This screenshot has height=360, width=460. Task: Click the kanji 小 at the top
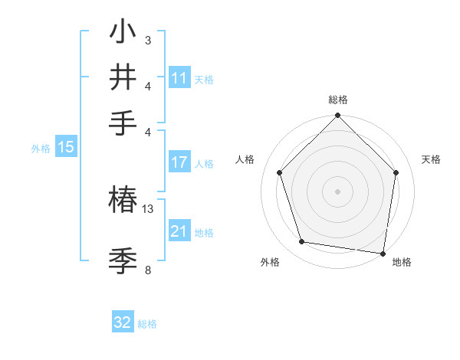(x=123, y=32)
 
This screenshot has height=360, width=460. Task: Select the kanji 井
(x=123, y=77)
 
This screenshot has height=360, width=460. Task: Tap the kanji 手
(x=123, y=123)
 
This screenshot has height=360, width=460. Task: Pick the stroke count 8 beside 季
(x=148, y=270)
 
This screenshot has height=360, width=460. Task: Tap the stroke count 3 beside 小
(x=148, y=40)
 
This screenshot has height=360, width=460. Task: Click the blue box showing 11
(x=179, y=78)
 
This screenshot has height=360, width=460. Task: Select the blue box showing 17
(x=179, y=162)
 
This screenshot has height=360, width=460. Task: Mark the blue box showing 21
(x=179, y=231)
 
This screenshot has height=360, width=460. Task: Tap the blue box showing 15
(x=66, y=148)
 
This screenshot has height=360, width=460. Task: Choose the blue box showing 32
(x=123, y=322)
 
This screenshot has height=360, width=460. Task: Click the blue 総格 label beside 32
(x=147, y=324)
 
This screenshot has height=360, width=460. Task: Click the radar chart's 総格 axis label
(x=337, y=100)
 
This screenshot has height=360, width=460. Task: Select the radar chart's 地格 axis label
(x=402, y=263)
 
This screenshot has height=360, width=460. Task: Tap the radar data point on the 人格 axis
(x=280, y=172)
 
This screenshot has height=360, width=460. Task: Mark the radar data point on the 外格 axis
(x=302, y=242)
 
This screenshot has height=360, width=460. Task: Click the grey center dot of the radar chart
(x=337, y=191)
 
